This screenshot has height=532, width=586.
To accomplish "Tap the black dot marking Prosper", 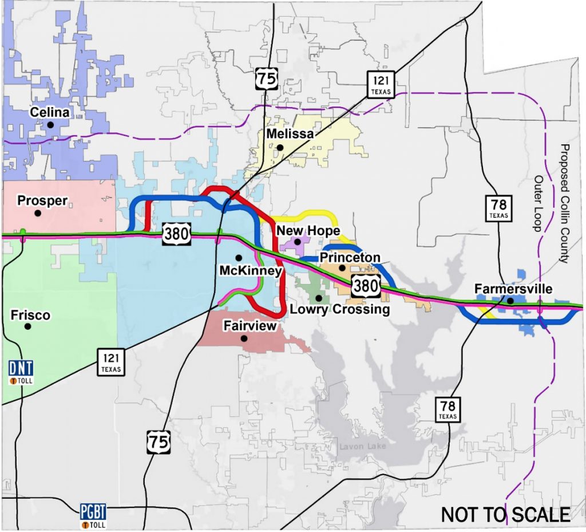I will [x=38, y=213].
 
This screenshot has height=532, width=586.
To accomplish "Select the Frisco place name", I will [x=30, y=316].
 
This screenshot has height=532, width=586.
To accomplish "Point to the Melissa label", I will [x=289, y=133].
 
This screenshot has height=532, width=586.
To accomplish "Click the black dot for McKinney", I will [x=238, y=257].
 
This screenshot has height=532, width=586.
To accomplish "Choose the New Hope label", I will [x=308, y=230].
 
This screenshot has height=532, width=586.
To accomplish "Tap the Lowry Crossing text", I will [x=340, y=310].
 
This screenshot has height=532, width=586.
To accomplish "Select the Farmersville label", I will [x=513, y=289].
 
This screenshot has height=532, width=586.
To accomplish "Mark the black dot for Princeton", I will [x=342, y=267].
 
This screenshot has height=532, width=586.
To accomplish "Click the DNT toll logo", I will [x=21, y=371].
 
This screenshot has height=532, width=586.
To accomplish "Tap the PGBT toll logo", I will [x=93, y=514].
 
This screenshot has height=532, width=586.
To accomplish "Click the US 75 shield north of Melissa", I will [x=267, y=78].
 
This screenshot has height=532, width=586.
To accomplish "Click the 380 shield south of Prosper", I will [x=174, y=234].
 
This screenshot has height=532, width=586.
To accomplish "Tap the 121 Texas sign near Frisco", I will [x=111, y=361].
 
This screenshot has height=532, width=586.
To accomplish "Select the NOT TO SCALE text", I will [x=505, y=514].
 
